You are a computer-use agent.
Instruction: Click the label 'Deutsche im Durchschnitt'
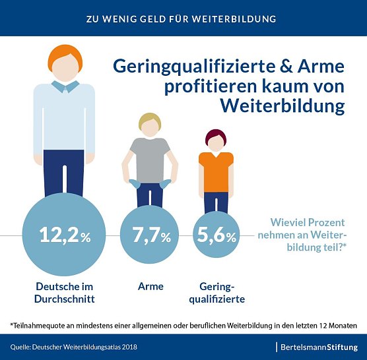(x=65, y=293)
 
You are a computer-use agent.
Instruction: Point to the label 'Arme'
(x=150, y=287)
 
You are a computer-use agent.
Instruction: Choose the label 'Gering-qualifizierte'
(x=222, y=293)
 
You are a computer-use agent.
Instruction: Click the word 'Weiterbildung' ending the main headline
(x=282, y=105)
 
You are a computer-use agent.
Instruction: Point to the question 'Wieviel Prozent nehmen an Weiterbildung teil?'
(x=309, y=235)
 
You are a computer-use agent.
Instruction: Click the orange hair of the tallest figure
(x=65, y=53)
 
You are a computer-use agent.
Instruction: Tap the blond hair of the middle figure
(x=150, y=119)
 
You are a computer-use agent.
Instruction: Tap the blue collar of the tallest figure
(x=65, y=86)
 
